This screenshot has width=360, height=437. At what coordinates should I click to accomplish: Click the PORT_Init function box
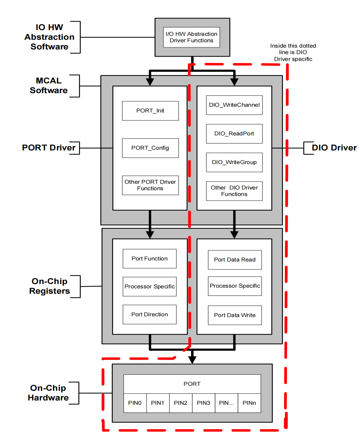[150, 111]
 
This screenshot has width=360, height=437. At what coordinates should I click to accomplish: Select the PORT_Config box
[150, 148]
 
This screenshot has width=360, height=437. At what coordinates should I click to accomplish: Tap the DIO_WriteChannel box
[234, 105]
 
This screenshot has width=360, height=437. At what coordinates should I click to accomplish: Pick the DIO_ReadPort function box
[234, 134]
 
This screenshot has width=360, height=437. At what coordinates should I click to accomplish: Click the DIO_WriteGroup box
[234, 162]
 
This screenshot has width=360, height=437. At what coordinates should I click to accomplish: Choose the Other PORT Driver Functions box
[150, 185]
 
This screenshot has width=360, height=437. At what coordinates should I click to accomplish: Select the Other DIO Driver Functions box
[234, 191]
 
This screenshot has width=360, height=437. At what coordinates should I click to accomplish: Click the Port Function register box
[150, 259]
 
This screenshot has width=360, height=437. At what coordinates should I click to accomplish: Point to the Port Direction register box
[150, 314]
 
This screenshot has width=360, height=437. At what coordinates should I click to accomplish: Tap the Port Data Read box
[235, 260]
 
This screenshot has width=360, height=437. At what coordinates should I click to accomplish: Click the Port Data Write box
[235, 315]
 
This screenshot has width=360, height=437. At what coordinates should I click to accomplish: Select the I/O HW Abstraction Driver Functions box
[191, 37]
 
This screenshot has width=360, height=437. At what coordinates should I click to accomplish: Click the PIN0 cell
[135, 403]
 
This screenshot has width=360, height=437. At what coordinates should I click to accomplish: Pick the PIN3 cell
[204, 403]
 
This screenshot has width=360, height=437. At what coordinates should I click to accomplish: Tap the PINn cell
[249, 403]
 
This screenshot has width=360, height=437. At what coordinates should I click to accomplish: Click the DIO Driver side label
[334, 148]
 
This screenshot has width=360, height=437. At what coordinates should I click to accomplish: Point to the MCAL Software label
[49, 86]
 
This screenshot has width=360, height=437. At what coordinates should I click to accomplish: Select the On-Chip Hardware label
[48, 393]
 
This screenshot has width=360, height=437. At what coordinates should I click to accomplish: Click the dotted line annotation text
[293, 52]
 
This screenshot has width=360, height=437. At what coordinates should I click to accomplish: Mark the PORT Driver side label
[49, 148]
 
